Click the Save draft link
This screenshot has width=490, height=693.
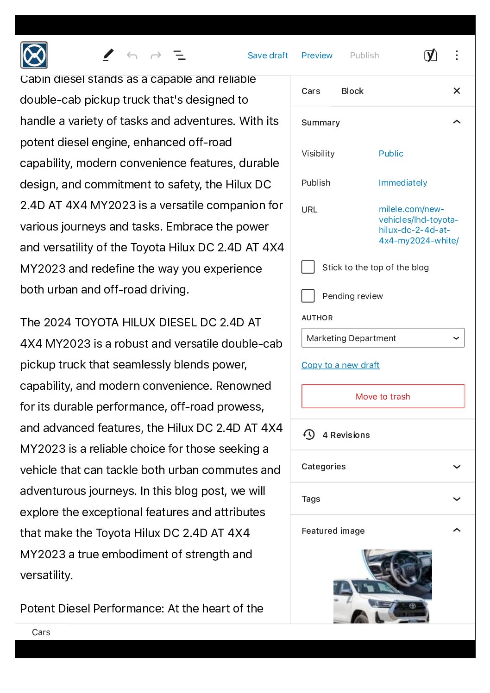[x=268, y=56]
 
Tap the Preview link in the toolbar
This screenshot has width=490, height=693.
[x=317, y=56]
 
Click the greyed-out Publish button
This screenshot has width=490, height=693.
[x=364, y=56]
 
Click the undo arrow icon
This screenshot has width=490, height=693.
[x=132, y=56]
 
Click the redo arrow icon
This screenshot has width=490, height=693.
[x=156, y=56]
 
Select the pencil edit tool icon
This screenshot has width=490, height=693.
[x=108, y=55]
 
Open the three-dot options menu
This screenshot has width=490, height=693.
[x=457, y=56]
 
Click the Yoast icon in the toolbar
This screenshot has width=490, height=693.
[x=430, y=56]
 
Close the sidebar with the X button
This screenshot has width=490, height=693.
[x=457, y=91]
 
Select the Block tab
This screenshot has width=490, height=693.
[x=352, y=91]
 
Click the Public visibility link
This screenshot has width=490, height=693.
[x=391, y=154]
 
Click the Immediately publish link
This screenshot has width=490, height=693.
[x=402, y=183]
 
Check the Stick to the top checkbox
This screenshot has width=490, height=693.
[x=308, y=267]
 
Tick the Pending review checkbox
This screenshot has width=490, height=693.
[x=308, y=296]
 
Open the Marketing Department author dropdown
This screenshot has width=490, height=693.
[x=383, y=338]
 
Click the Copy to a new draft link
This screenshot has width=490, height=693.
[x=340, y=365]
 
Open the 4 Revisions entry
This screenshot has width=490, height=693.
[x=346, y=435]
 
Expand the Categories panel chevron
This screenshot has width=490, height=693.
[x=457, y=467]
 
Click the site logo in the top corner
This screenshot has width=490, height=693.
[x=34, y=56]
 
